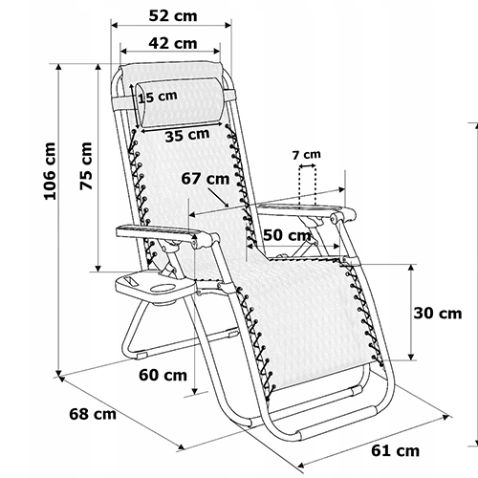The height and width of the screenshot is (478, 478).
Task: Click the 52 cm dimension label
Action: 173,16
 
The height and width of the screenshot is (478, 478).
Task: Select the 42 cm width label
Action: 173,43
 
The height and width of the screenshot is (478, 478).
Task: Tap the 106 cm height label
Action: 50,171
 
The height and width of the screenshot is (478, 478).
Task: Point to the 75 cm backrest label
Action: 86,166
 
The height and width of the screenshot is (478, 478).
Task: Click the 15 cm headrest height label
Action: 158,97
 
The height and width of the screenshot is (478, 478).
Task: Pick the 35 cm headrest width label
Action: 187,135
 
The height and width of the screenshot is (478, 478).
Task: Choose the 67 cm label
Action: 206,179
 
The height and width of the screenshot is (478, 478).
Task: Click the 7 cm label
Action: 307,155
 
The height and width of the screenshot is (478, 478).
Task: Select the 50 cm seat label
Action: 287,235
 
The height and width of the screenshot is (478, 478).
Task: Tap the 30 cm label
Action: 438,314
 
